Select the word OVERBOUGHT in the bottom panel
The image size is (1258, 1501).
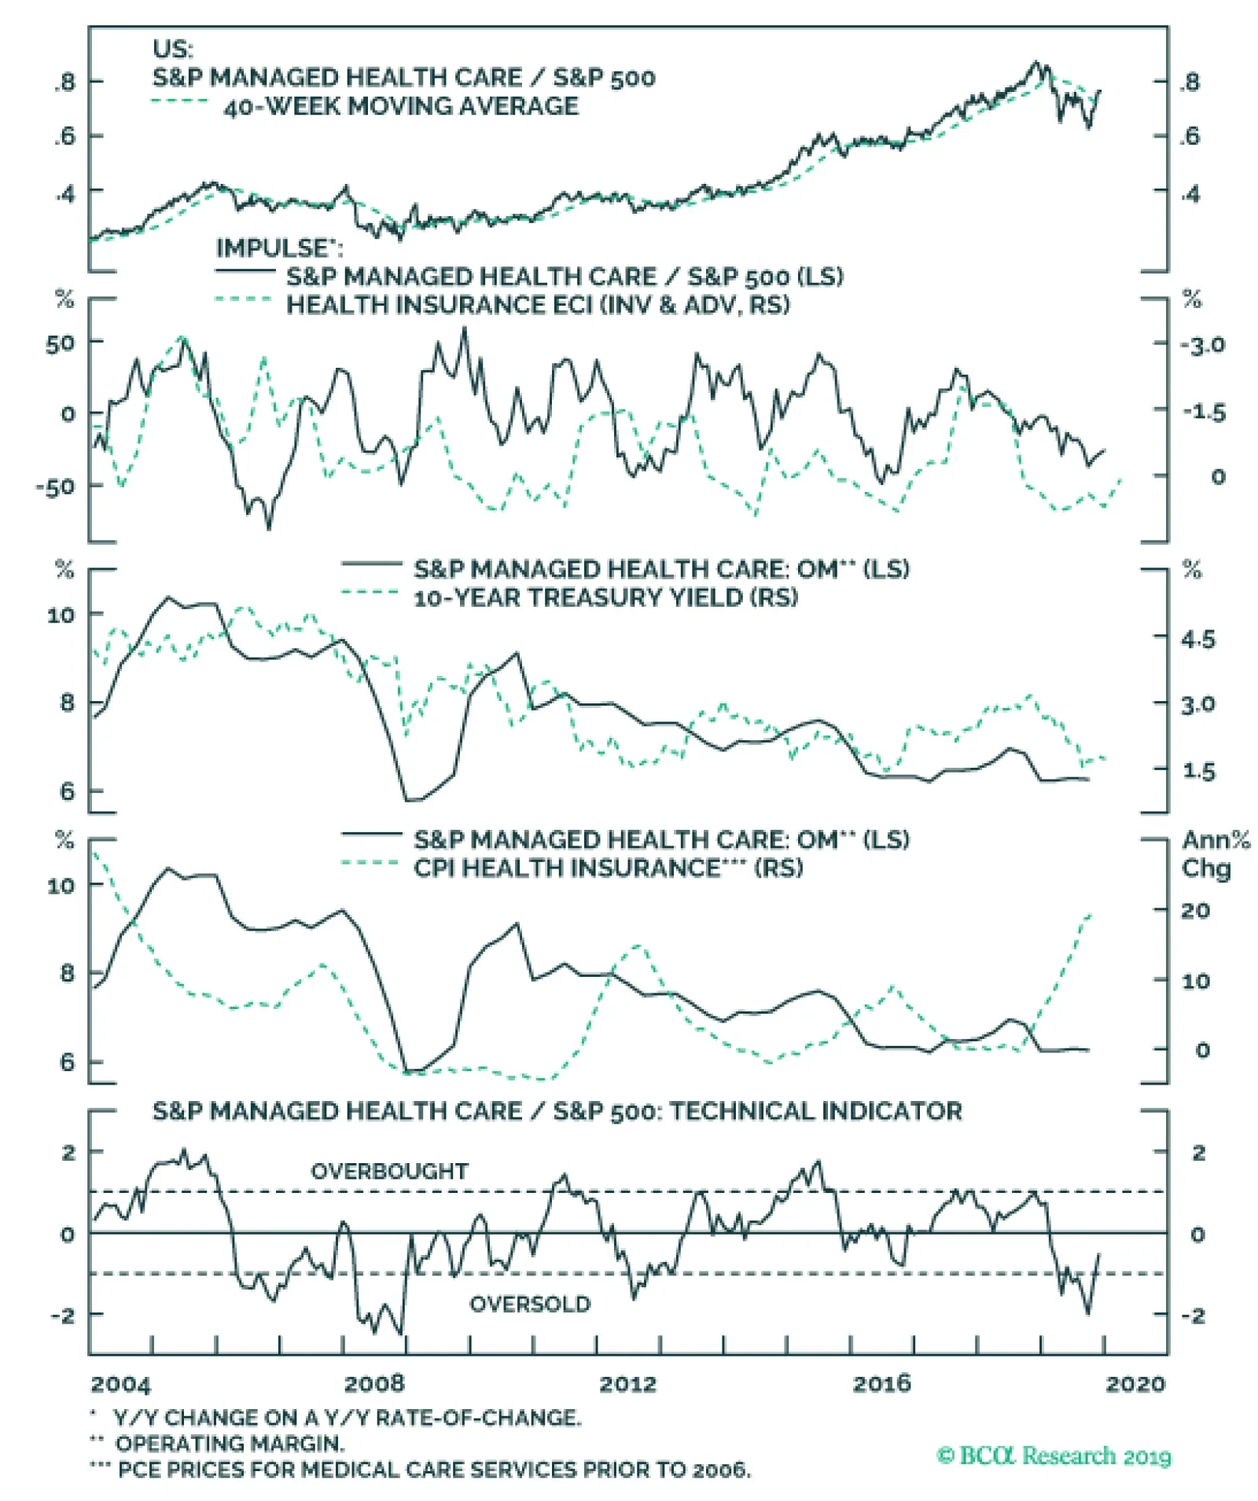[390, 1172]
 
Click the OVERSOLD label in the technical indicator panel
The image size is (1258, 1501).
[530, 1305]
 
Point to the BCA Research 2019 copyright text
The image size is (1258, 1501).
[1054, 1456]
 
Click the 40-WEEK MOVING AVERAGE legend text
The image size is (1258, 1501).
[401, 106]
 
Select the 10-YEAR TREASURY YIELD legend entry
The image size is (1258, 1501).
[605, 598]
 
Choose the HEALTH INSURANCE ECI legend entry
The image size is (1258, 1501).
[538, 305]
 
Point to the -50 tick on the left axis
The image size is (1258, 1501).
[55, 486]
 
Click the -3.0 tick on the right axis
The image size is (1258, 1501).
[1202, 345]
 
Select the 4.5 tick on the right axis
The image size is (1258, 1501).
[1197, 639]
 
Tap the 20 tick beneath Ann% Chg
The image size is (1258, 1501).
[1195, 911]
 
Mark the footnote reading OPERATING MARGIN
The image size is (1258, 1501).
[228, 1444]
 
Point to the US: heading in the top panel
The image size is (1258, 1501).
[172, 50]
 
